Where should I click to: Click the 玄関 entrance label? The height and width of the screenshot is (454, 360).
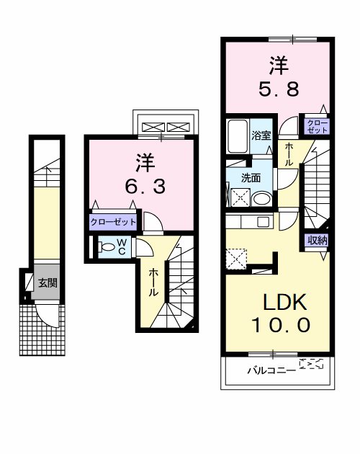[48, 283]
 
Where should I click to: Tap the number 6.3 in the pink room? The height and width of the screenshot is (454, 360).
[145, 187]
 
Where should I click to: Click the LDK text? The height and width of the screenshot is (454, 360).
[284, 302]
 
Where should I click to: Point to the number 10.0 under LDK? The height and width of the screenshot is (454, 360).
[281, 325]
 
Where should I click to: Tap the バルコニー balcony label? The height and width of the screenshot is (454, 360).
[271, 370]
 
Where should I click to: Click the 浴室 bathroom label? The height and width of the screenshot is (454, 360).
[261, 135]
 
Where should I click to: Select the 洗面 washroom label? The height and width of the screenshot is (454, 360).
[251, 178]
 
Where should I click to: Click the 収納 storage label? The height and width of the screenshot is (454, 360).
[318, 240]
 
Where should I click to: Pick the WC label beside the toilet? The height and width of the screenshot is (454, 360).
[122, 246]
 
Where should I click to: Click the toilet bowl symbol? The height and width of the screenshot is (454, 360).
[107, 247]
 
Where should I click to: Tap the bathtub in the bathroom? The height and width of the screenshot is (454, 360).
[238, 136]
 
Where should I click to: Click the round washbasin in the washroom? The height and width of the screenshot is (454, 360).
[261, 199]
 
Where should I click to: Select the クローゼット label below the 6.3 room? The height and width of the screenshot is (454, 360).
[113, 223]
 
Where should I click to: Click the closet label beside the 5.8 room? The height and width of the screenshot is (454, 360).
[318, 127]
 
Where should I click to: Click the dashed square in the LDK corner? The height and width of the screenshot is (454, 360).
[236, 259]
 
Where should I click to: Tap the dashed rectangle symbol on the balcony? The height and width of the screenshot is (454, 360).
[311, 363]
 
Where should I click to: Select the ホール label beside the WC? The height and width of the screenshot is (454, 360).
[153, 282]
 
